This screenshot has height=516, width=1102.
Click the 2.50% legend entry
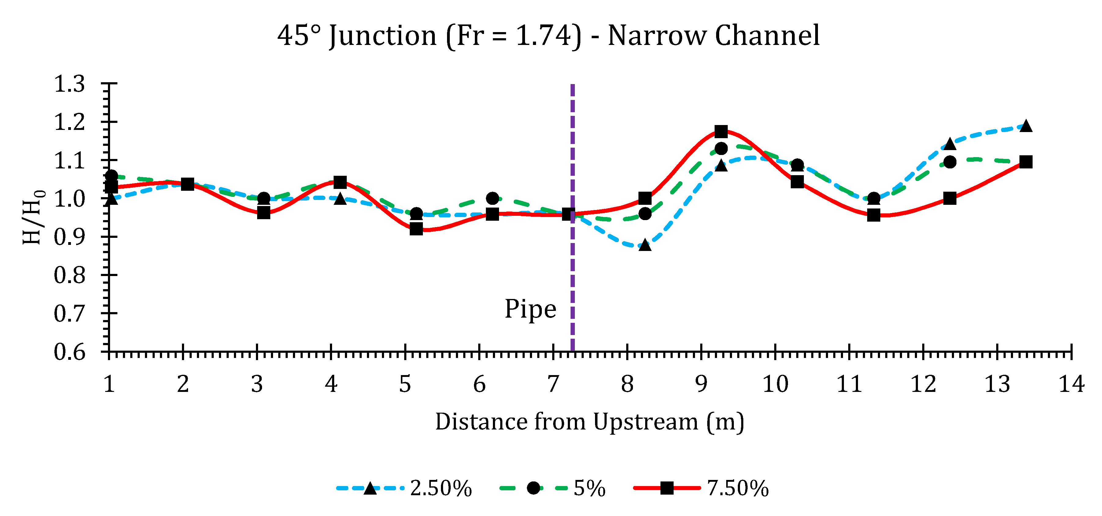(x=441, y=488)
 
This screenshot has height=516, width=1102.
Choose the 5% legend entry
(x=589, y=488)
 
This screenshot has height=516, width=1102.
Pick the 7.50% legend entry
(x=738, y=488)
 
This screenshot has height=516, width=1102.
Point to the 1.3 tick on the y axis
(x=69, y=84)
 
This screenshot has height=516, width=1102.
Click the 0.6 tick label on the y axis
(x=69, y=352)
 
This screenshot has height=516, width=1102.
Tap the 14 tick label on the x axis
(x=1071, y=384)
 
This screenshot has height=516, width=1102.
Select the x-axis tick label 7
(x=553, y=384)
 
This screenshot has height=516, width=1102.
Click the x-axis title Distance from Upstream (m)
(x=590, y=422)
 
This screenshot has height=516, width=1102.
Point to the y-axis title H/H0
(x=33, y=217)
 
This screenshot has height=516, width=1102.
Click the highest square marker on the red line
(x=721, y=131)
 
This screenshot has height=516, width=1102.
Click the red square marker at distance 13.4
(x=1026, y=162)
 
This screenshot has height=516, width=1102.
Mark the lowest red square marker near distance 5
(x=416, y=229)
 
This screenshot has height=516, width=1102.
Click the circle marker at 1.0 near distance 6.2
(x=492, y=198)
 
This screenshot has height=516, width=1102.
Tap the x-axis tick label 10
(x=775, y=384)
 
